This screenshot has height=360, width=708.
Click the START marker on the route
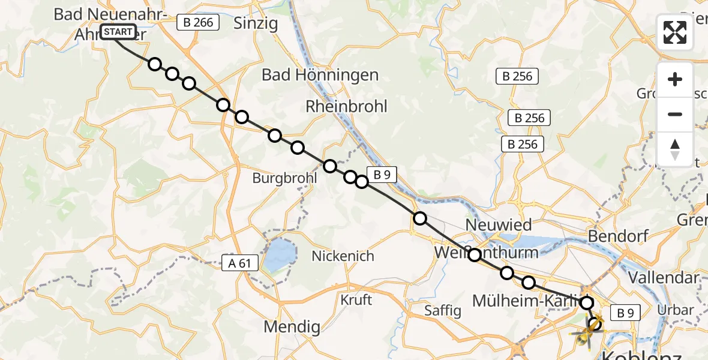118,32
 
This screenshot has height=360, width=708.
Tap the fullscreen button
675,32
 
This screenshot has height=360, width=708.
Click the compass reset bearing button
675,149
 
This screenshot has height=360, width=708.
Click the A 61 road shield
240,262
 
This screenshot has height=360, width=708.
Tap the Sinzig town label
256,23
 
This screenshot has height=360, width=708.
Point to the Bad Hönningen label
320,75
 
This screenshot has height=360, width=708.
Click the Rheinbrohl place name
346,106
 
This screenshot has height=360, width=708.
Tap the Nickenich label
343,256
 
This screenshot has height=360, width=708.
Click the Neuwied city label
499,225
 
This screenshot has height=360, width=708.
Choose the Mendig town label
292,327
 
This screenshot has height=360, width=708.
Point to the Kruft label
356,299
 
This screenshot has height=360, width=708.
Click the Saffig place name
443,310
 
